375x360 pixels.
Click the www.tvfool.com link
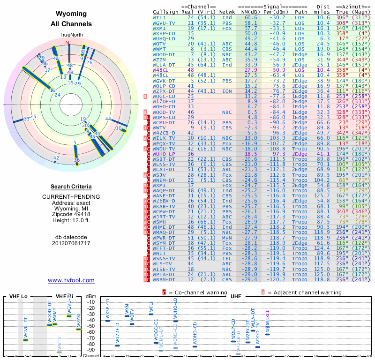pos(71,280)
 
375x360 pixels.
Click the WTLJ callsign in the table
pos(160,17)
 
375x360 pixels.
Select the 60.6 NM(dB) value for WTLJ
pos(251,17)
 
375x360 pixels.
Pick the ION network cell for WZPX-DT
pos(227,90)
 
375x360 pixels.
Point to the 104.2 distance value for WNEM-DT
pos(322,180)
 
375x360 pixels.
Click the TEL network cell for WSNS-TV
pos(227,258)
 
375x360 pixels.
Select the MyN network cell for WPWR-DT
pos(227,238)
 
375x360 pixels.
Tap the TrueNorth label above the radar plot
pos(71,35)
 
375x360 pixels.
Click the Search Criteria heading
pos(71,187)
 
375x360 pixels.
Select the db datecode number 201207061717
pos(71,243)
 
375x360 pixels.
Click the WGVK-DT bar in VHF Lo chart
pos(26,340)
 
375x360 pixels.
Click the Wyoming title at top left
pos(71,14)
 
